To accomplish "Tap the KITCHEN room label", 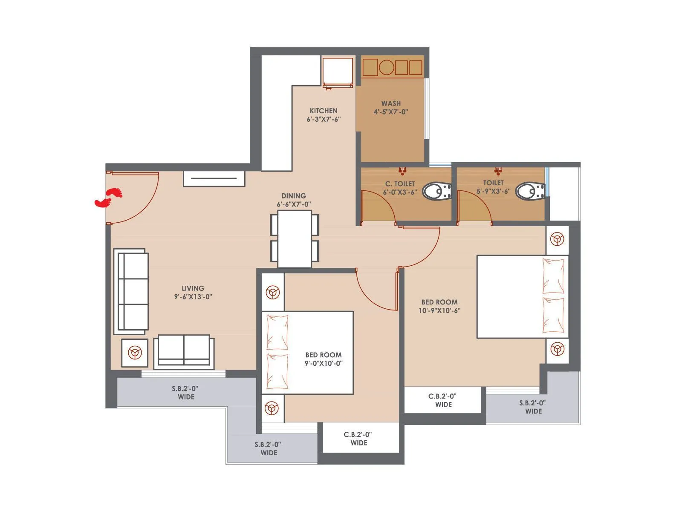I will coord(324,111).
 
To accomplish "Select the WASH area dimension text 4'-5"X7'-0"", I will coord(391,112).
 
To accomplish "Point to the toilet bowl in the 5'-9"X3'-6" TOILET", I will coord(530,191).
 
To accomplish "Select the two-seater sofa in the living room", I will coord(184,350).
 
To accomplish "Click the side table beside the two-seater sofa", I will coord(135,353).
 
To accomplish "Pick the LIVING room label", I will coord(193,288).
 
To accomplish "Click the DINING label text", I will coord(293,196).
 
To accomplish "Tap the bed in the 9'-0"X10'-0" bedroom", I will coord(308,353).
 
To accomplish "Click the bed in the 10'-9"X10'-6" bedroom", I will coord(522,297).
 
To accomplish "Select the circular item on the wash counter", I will coord(387,68).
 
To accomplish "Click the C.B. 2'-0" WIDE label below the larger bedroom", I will coord(442,400).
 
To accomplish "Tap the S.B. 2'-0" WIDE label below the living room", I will coord(185,392).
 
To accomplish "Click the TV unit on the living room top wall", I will coord(214,178).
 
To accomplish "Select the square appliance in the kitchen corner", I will coord(338,72).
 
